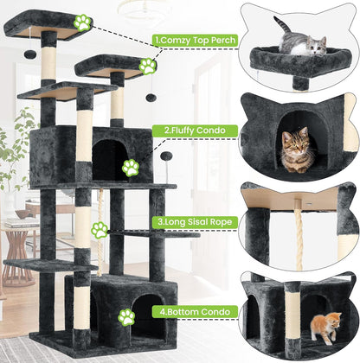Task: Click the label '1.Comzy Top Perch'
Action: coord(195,39)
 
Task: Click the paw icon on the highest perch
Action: coord(82,22)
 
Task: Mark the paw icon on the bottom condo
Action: coord(126,318)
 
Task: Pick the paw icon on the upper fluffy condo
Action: coord(130,168)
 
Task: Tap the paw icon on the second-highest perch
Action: coord(147,66)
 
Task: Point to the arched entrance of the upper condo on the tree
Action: coord(110,159)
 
